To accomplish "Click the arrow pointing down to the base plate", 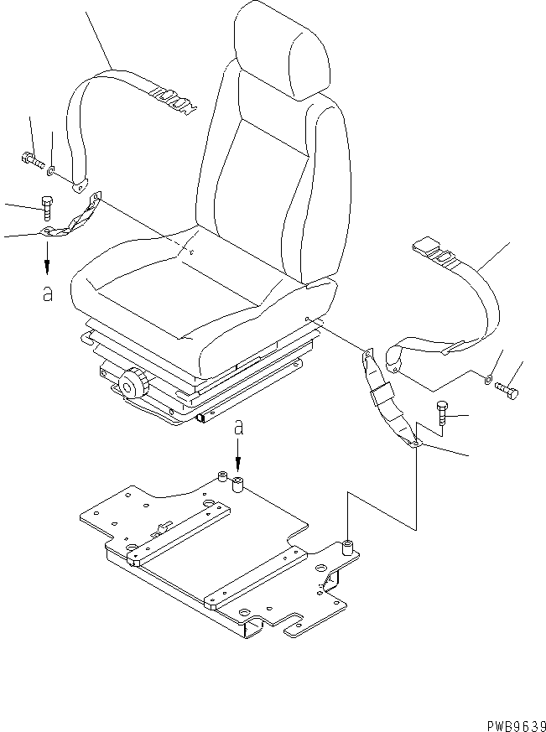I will [238, 457].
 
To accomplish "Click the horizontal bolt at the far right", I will [507, 390].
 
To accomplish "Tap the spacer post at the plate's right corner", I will [346, 549].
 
